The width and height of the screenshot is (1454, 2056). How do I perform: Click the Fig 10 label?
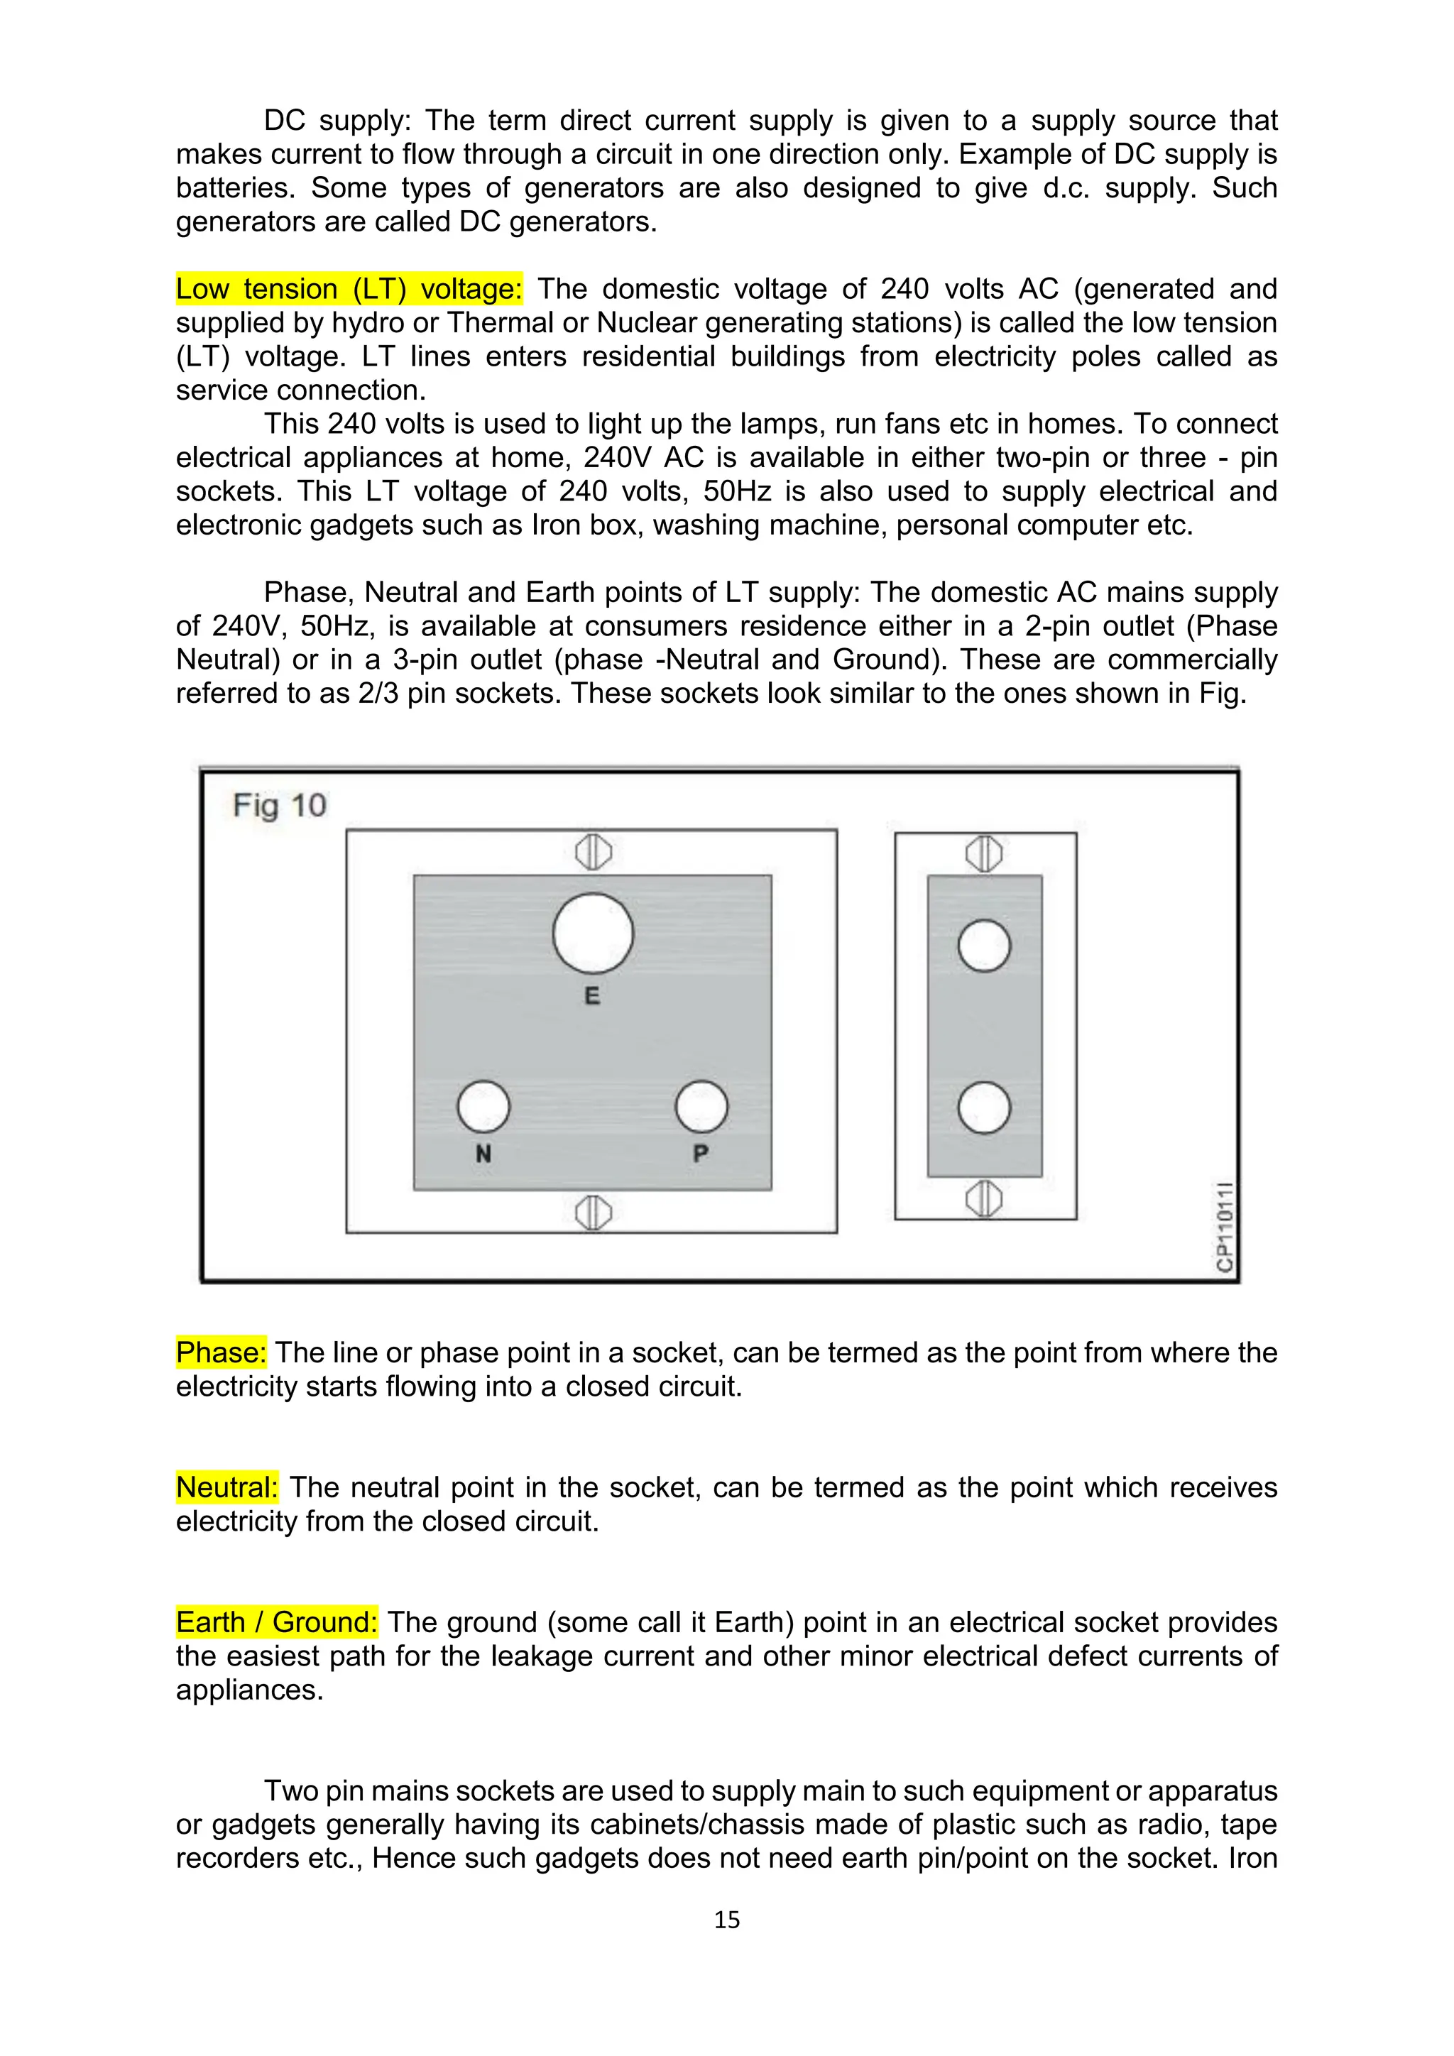279,805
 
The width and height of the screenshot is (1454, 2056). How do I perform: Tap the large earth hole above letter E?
593,933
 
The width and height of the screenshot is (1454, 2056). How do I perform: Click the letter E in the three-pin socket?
592,996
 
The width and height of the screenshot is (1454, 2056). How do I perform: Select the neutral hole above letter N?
483,1107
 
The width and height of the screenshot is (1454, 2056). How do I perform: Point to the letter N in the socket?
483,1154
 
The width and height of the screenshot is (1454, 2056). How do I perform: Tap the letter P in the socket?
701,1154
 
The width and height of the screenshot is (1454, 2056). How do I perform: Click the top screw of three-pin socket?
593,852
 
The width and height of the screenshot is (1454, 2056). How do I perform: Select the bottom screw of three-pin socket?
593,1213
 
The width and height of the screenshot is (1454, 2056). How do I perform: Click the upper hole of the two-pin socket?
984,946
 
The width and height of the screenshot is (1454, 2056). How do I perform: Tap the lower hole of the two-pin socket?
984,1108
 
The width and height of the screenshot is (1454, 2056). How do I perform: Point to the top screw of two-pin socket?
984,853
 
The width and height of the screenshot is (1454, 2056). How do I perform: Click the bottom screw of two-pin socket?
984,1198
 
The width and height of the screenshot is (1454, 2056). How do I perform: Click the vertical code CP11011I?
1225,1226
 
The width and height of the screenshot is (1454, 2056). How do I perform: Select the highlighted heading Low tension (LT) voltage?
349,289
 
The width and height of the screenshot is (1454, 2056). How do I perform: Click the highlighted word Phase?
221,1352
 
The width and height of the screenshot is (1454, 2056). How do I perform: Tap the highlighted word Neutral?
226,1487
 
